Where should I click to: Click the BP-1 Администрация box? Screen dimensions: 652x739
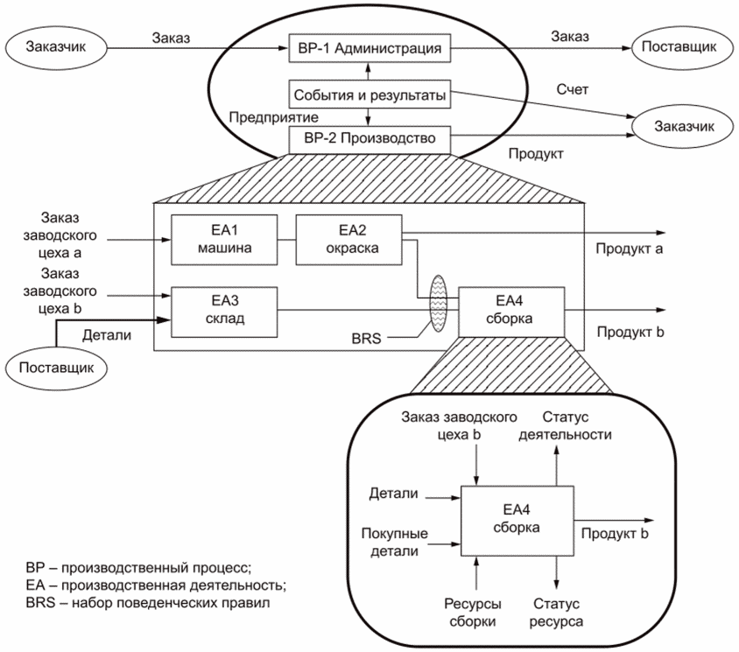pos(369,47)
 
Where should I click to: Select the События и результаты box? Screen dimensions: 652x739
pos(369,94)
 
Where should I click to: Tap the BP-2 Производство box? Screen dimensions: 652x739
pos(369,139)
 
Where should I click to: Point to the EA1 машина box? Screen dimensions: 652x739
pos(224,238)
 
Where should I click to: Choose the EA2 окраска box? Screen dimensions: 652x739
pos(348,238)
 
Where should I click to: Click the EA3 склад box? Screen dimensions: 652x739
pos(224,309)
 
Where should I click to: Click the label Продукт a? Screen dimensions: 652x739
pos(628,249)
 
